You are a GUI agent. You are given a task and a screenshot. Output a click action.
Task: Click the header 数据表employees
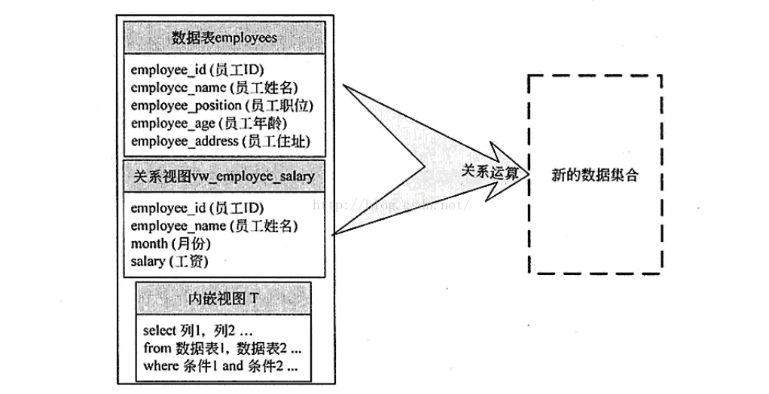pos(224,37)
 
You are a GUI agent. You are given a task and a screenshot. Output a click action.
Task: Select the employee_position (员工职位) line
pos(221,105)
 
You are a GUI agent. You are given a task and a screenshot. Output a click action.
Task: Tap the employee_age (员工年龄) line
pos(209,123)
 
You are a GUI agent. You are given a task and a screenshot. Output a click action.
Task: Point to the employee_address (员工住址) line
pos(220,141)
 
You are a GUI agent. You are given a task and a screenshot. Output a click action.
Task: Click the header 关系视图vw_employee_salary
pos(224,176)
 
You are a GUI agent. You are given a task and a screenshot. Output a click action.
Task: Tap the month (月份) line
pos(170,243)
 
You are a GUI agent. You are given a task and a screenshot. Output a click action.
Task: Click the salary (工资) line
pos(169,261)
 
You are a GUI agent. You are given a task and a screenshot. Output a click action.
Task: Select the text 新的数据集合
pos(594,175)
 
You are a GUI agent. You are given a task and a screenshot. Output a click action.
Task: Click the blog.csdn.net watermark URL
pos(392,203)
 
